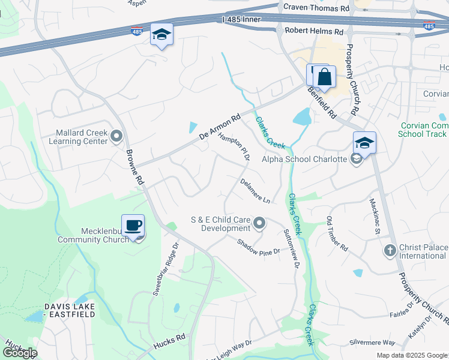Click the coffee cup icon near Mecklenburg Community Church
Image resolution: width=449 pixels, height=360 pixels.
(133, 226)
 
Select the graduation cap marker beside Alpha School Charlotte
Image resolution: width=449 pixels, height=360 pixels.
(364, 143)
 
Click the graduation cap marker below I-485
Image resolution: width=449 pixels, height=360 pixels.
(161, 34)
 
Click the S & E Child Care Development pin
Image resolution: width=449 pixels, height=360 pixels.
(259, 224)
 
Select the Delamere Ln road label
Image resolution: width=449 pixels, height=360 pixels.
(255, 190)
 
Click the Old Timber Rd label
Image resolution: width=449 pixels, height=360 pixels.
(337, 234)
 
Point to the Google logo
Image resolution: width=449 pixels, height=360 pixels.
(20, 353)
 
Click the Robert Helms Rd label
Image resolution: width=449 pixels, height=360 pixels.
(313, 30)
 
